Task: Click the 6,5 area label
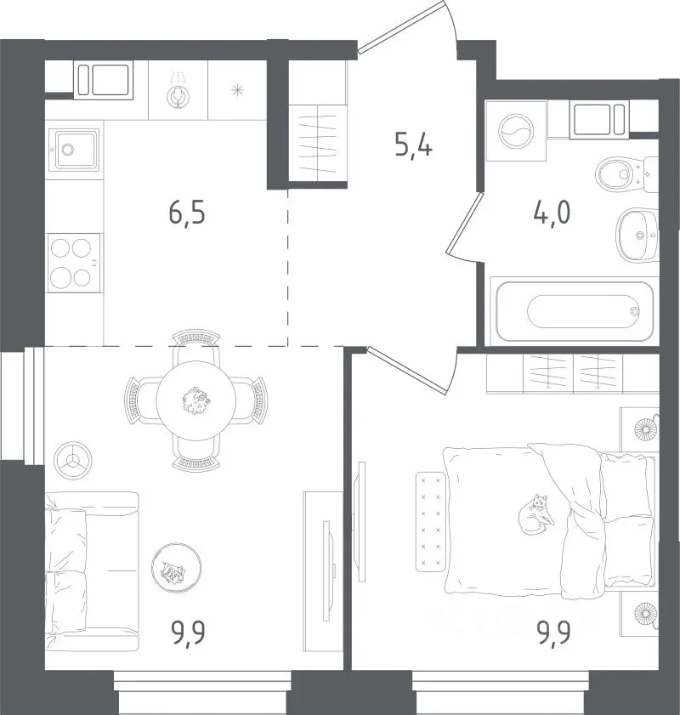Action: click(x=187, y=214)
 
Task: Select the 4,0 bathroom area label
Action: click(x=552, y=213)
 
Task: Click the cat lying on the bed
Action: click(x=536, y=514)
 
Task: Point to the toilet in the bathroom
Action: click(x=626, y=174)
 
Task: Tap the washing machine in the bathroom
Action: click(x=516, y=131)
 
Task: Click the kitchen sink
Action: click(x=74, y=150)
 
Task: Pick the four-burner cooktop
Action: click(x=74, y=263)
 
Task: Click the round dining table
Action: click(x=196, y=400)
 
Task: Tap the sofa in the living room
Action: click(x=91, y=572)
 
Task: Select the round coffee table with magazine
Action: click(x=177, y=568)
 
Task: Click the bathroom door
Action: click(x=464, y=224)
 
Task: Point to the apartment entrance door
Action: click(x=401, y=26)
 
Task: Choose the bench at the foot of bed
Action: click(x=431, y=522)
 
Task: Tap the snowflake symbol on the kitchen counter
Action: click(x=237, y=90)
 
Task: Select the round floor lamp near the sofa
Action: click(x=72, y=461)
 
